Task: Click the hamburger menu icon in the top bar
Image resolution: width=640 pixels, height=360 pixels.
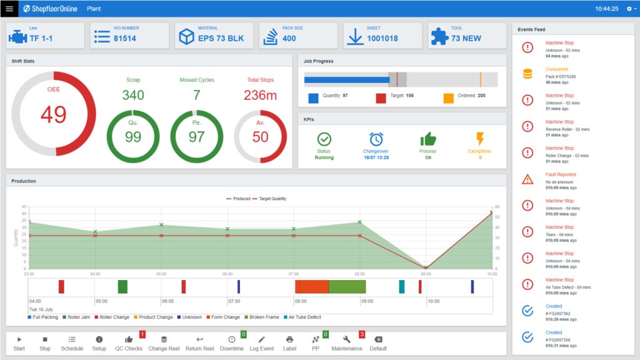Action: (x=9, y=9)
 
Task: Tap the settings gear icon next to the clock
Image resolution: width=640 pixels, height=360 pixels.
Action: (x=629, y=9)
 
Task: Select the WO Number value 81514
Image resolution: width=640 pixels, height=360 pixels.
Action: (x=125, y=38)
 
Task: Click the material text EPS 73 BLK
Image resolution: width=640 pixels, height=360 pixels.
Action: (x=222, y=38)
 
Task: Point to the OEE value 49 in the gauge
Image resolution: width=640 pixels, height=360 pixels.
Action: (x=53, y=114)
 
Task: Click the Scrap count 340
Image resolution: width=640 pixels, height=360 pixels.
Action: (x=133, y=95)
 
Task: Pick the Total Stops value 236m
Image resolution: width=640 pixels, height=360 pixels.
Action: (x=260, y=95)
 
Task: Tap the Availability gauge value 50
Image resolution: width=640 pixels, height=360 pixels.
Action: (x=260, y=137)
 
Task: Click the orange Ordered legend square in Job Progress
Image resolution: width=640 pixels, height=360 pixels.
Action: (x=448, y=98)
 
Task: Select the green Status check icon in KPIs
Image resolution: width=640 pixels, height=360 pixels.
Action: (x=324, y=139)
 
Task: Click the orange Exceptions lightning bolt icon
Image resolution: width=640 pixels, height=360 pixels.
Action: (x=480, y=139)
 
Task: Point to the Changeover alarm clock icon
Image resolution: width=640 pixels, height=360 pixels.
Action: (x=376, y=139)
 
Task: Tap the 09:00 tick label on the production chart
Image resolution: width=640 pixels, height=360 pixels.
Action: (x=426, y=274)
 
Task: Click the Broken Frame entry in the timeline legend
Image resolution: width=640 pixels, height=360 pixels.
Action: (x=263, y=317)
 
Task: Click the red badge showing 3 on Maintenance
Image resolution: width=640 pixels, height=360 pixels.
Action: (x=362, y=334)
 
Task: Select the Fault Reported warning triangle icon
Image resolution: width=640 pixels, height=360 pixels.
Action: (x=527, y=179)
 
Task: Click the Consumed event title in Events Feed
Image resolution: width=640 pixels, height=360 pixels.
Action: (x=556, y=69)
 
